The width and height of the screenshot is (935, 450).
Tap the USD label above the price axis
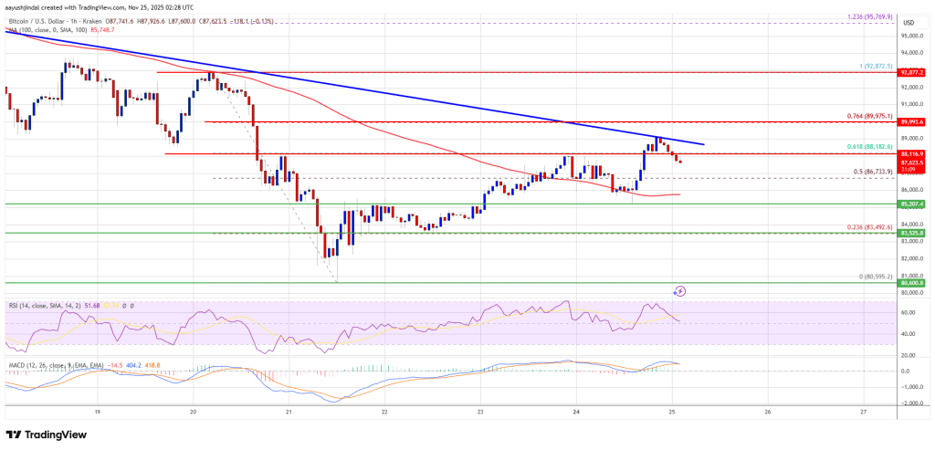click(908, 22)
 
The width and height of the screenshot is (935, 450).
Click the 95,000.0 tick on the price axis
click(909, 36)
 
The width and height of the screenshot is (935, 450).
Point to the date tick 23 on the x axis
click(480, 412)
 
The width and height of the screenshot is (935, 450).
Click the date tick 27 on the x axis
click(863, 412)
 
